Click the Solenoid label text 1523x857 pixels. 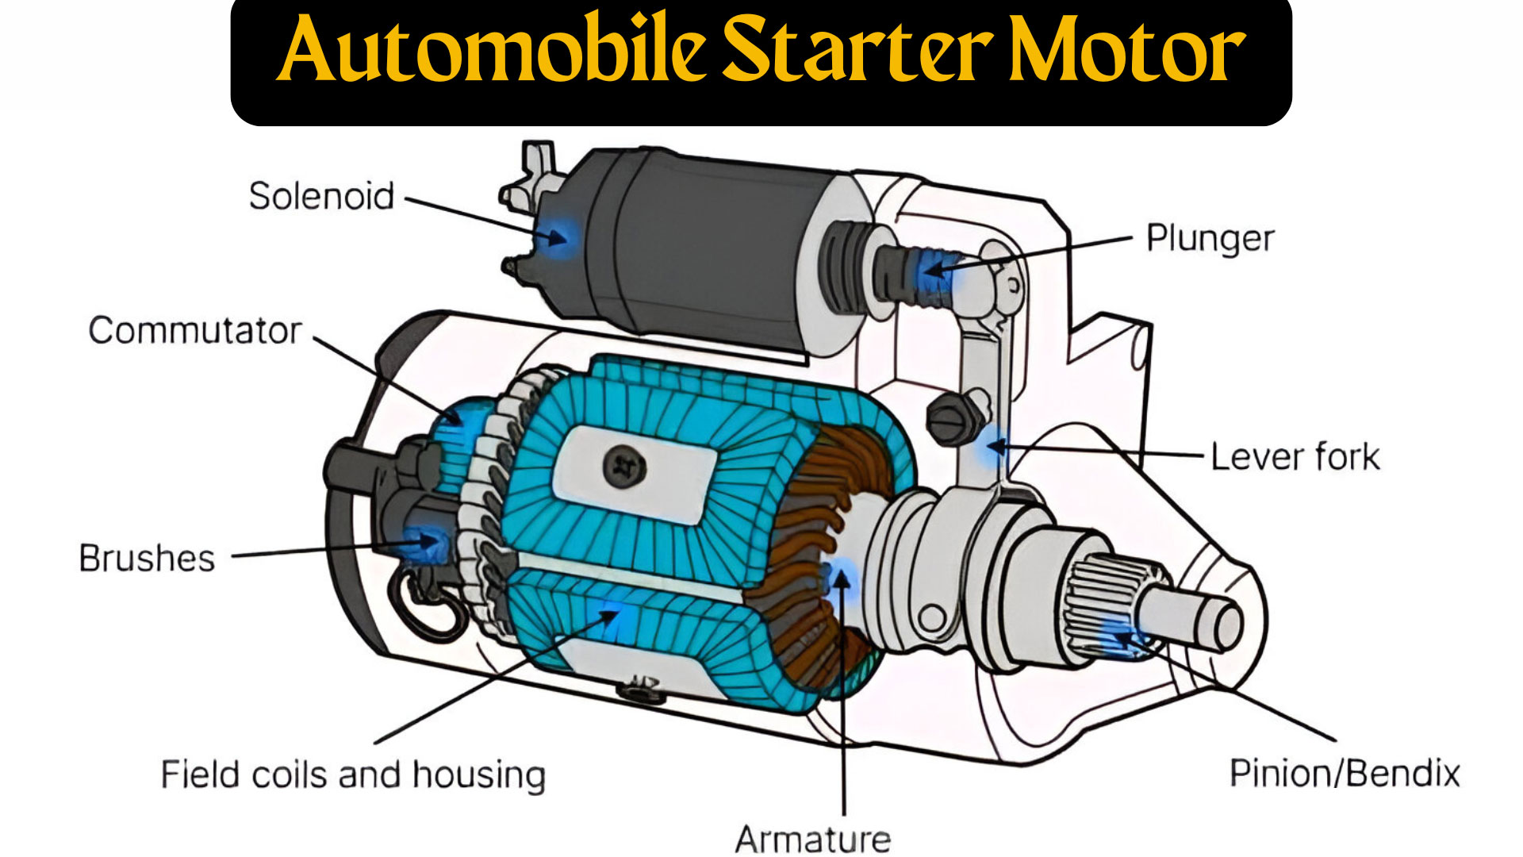coord(321,196)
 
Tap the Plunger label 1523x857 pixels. coord(1210,238)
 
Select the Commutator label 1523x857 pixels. coord(195,330)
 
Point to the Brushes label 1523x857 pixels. coord(147,558)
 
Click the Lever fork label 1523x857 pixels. coord(1295,457)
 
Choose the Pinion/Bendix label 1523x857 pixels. coord(1345,773)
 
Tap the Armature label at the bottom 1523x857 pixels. coord(813,839)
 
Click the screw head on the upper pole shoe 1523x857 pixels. coord(625,466)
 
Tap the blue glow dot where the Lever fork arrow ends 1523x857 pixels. coord(993,446)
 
